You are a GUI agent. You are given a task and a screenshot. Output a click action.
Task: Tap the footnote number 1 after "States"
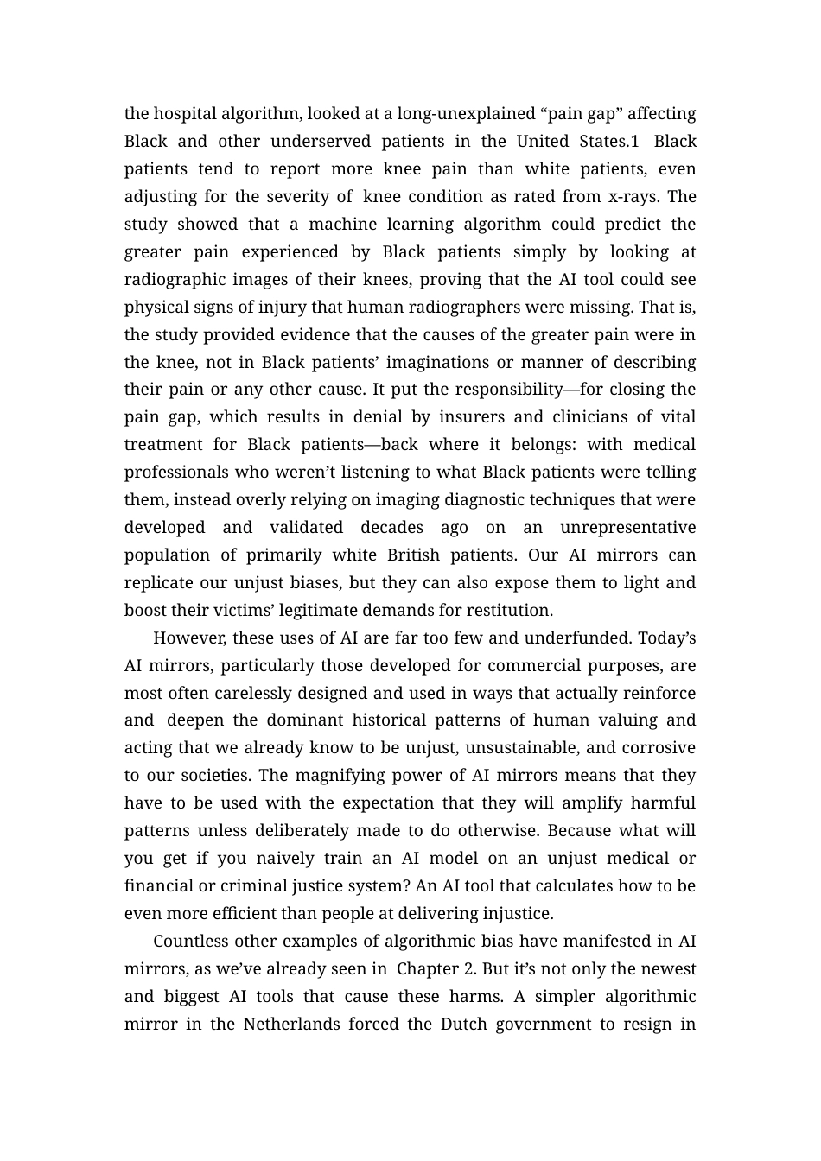pyautogui.click(x=634, y=142)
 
